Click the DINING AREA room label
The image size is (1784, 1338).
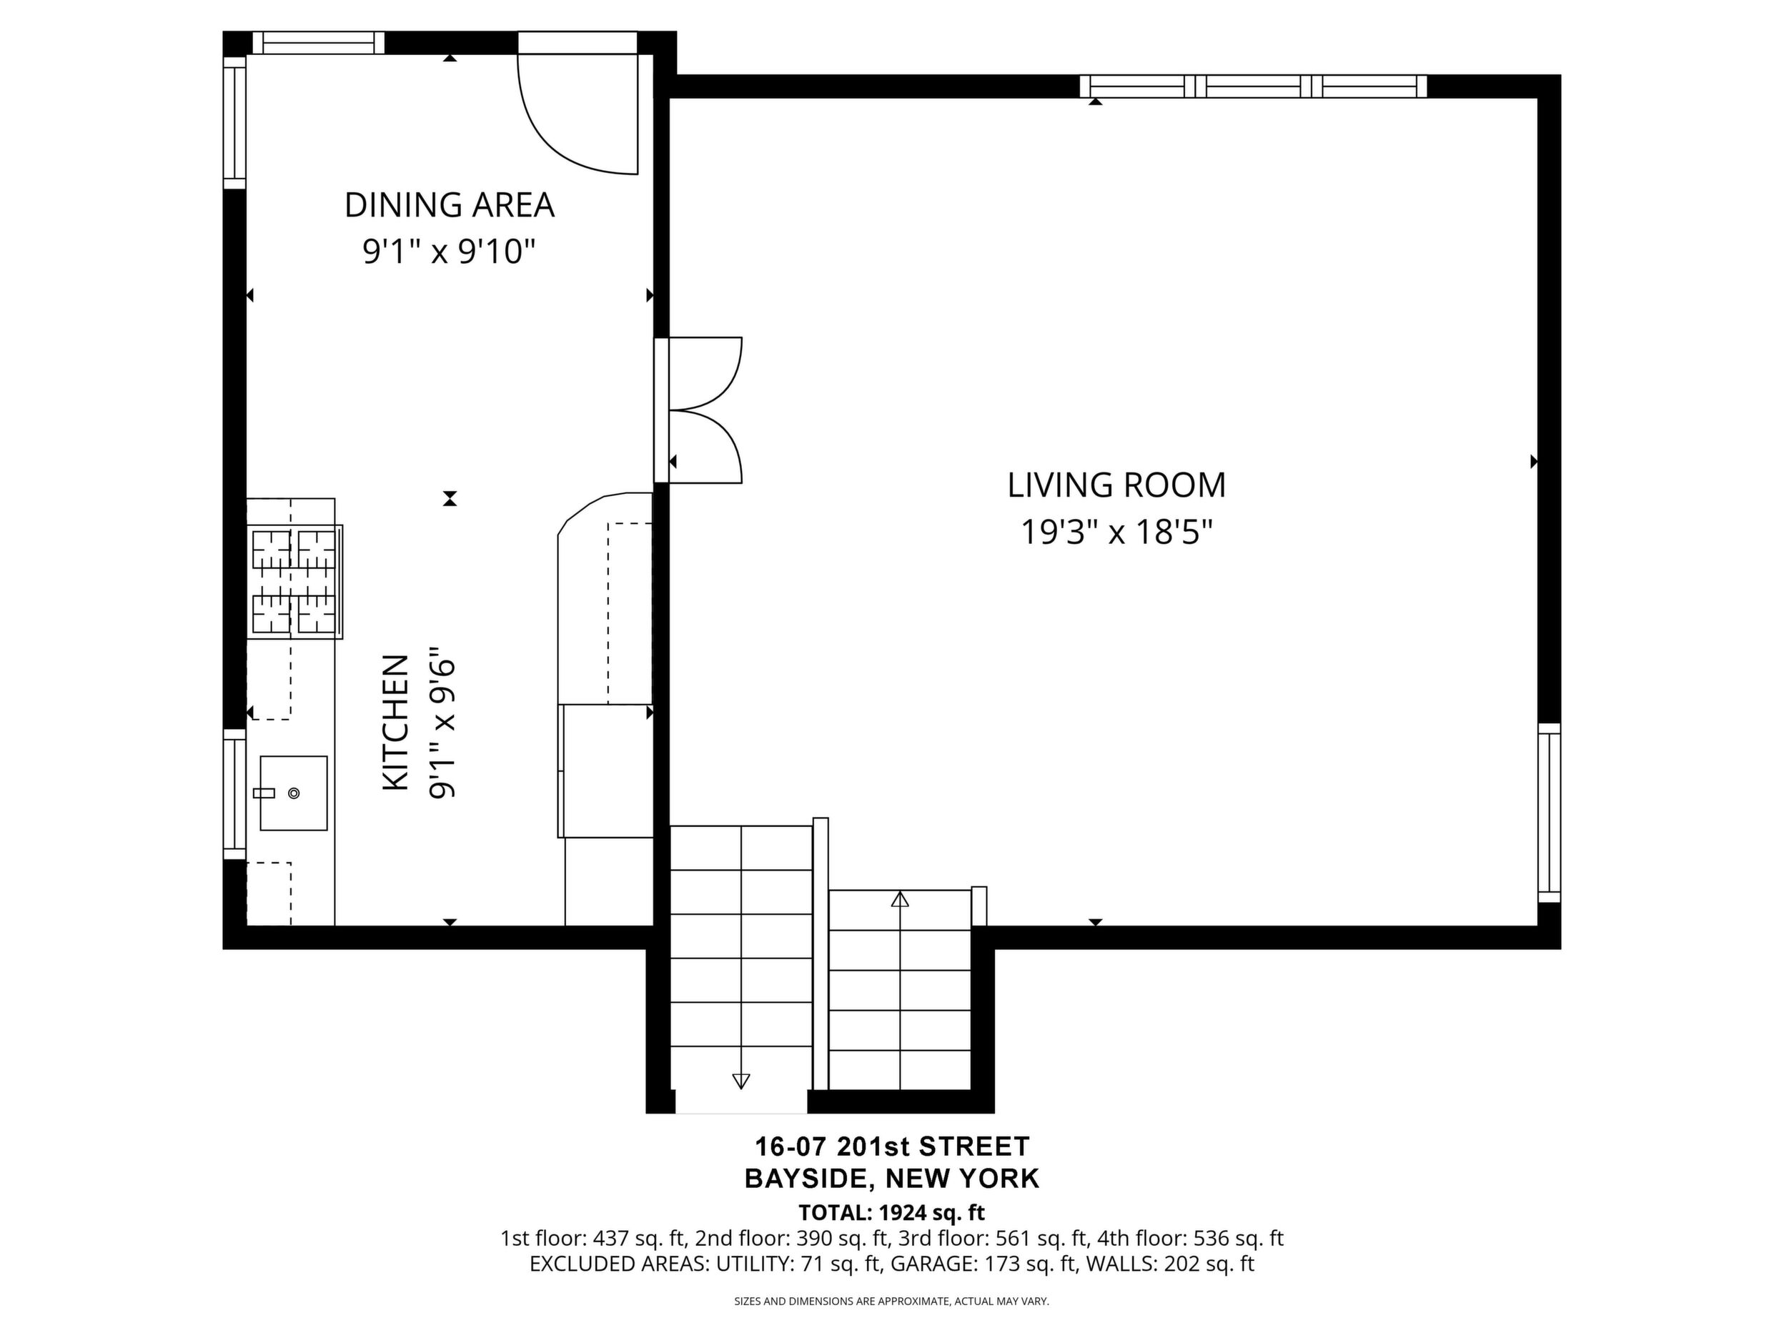pos(450,205)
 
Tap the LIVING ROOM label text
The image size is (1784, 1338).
pos(1116,485)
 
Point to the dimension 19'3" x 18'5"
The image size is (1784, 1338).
pos(1117,532)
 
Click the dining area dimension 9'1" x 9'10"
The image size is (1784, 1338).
pos(450,252)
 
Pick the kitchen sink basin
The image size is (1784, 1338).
pos(294,793)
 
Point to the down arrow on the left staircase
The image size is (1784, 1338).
pos(741,1081)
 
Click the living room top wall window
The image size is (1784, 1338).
pos(1254,86)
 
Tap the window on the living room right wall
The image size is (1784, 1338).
pos(1550,812)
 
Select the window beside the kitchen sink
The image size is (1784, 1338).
pos(234,793)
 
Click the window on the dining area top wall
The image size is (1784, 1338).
pos(319,43)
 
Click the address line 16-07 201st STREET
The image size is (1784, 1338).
pos(892,1146)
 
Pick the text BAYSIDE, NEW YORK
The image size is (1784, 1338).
pos(892,1179)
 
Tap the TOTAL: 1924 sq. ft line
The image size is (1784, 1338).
pos(892,1213)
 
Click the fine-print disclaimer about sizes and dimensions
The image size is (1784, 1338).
pos(891,1301)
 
